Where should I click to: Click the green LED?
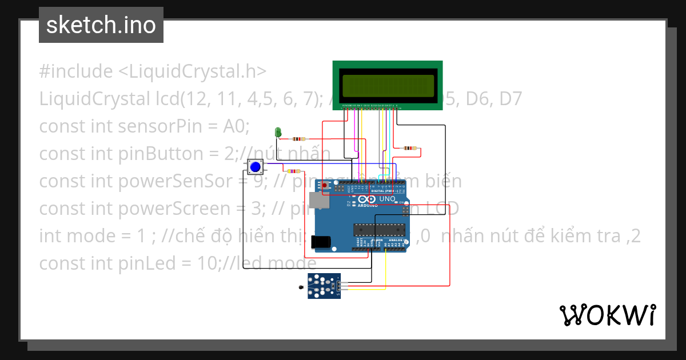pyautogui.click(x=278, y=132)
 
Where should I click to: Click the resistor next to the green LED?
pyautogui.click(x=299, y=139)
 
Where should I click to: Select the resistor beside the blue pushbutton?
pyautogui.click(x=294, y=171)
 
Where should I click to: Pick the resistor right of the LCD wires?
pyautogui.click(x=409, y=148)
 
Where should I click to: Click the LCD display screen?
pyautogui.click(x=388, y=85)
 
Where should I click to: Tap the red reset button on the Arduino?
pyautogui.click(x=325, y=186)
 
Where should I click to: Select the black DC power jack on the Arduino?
pyautogui.click(x=321, y=242)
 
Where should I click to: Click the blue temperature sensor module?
pyautogui.click(x=324, y=285)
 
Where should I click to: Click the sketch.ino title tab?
pyautogui.click(x=101, y=25)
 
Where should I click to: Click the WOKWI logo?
pyautogui.click(x=607, y=315)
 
